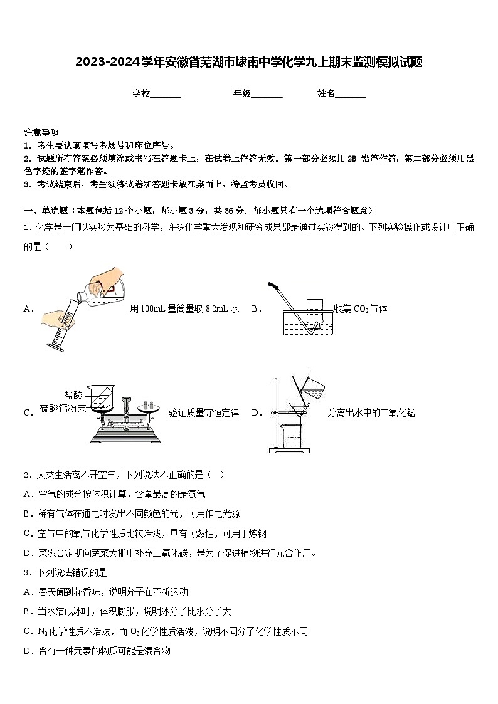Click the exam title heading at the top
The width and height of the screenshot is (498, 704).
249,62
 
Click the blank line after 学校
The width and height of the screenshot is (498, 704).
166,94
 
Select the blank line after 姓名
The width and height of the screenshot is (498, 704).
351,94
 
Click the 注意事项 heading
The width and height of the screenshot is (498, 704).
41,132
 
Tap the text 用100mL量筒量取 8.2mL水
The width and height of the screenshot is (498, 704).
184,308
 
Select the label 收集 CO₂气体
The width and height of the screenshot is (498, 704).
360,308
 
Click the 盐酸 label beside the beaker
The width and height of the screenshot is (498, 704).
73,395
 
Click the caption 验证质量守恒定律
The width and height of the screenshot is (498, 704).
204,412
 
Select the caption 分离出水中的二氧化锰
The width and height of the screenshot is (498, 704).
371,412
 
